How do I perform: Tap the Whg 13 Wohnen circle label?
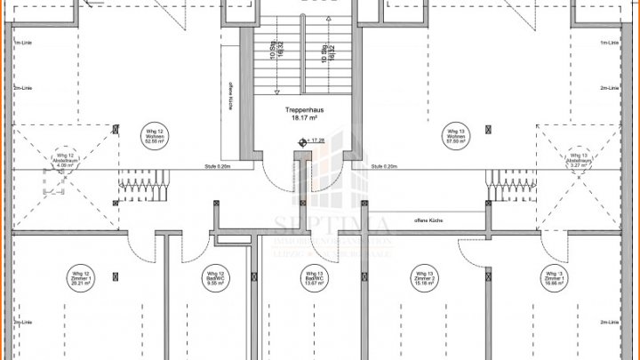click(456, 136)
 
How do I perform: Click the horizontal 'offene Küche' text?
click(428, 219)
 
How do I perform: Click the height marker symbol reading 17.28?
click(301, 140)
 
